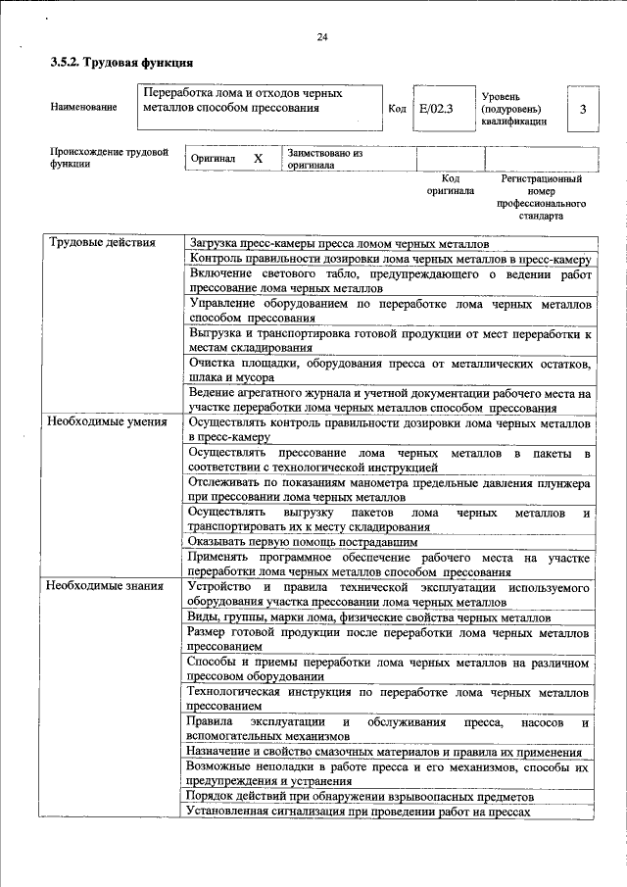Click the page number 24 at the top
pyautogui.click(x=321, y=38)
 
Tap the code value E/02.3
pyautogui.click(x=436, y=109)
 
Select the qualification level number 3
pyautogui.click(x=583, y=109)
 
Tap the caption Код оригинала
pyautogui.click(x=450, y=185)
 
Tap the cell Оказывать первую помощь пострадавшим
pyautogui.click(x=303, y=541)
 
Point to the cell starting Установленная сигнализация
pyautogui.click(x=359, y=812)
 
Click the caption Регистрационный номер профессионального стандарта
pyautogui.click(x=541, y=197)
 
